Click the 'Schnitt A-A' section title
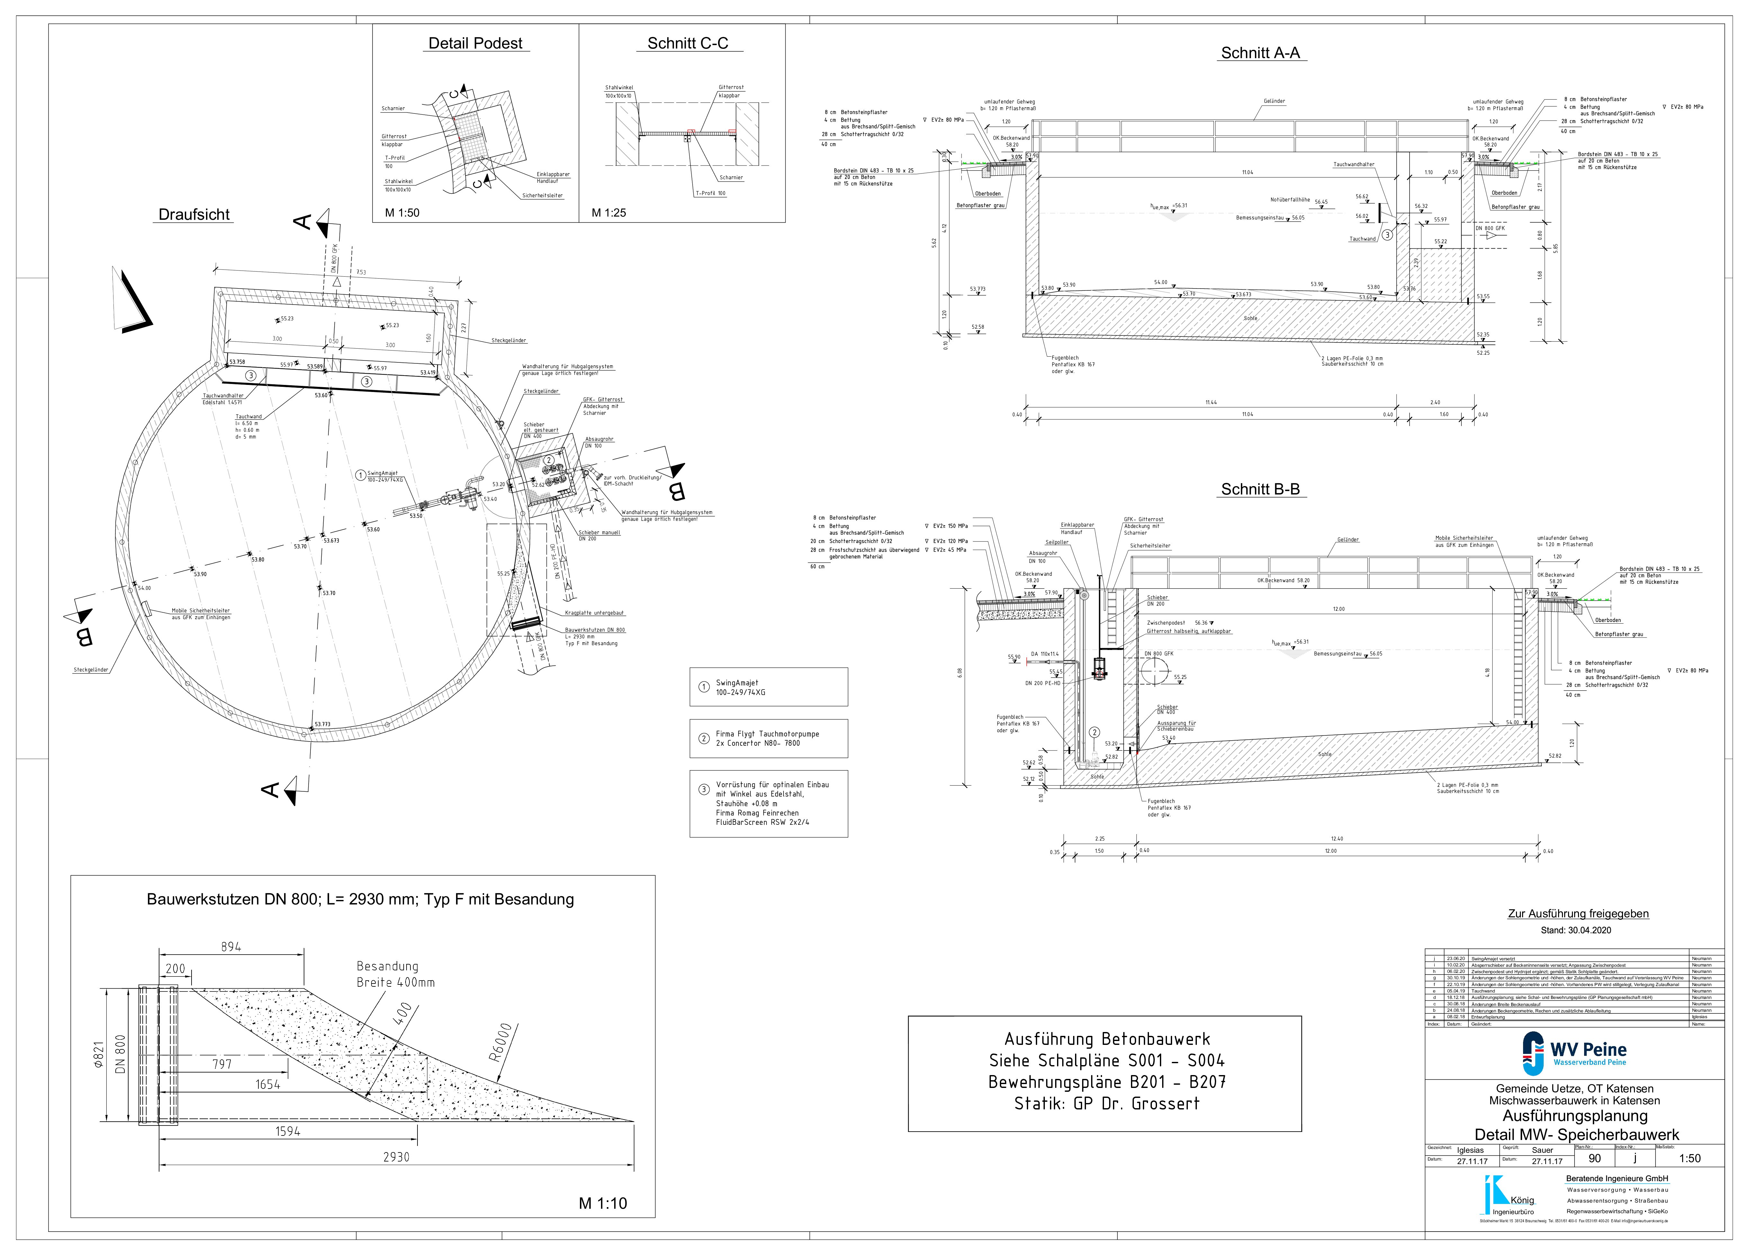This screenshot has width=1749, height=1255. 1260,53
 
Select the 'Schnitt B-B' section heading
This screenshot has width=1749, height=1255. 1260,490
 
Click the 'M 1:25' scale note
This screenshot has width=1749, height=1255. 608,213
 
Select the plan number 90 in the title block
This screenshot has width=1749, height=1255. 1595,1158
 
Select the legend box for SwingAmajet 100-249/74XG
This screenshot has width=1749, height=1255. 768,687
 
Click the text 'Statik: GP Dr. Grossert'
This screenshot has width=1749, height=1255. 1107,1103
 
